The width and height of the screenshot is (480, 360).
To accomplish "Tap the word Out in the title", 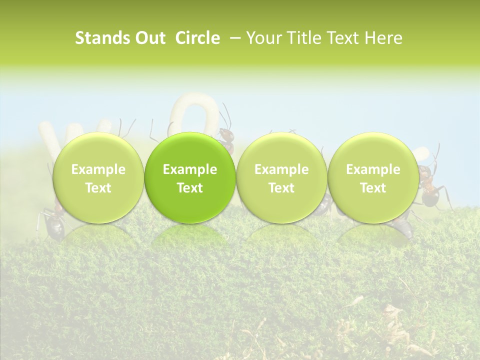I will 149,38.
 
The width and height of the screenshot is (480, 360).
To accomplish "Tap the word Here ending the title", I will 383,38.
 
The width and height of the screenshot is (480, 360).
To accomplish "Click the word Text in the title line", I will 343,38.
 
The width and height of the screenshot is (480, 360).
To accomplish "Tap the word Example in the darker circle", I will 190,169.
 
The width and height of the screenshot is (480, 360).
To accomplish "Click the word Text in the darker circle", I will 190,188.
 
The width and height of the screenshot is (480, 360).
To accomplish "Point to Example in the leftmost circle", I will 98,169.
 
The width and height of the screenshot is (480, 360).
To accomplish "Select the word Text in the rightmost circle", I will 373,188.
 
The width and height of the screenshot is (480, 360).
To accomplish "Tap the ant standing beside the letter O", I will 226,137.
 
